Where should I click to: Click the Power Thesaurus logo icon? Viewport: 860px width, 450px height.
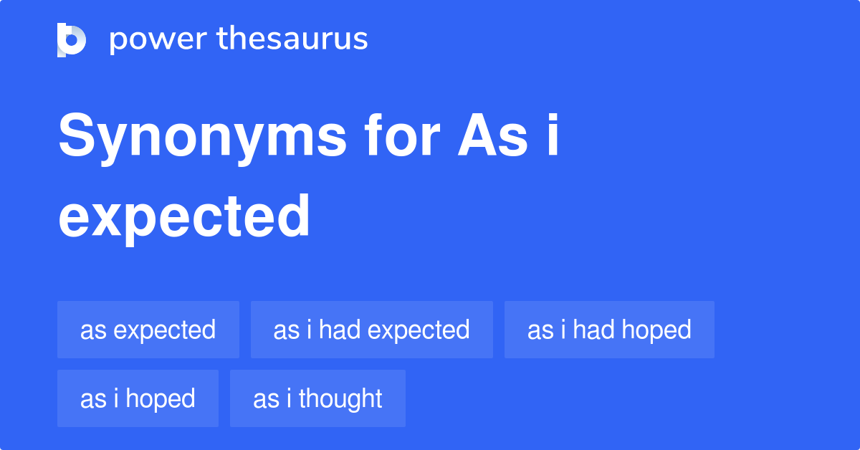point(72,39)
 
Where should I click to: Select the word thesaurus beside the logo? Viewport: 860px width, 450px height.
point(292,39)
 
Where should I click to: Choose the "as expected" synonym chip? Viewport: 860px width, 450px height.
point(148,330)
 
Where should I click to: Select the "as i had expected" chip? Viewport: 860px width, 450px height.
point(371,330)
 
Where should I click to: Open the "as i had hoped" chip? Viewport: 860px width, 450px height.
point(609,330)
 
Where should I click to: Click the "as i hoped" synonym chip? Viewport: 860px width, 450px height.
point(138,398)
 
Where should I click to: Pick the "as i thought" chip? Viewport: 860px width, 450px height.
point(317,398)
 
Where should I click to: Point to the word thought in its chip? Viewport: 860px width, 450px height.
point(340,398)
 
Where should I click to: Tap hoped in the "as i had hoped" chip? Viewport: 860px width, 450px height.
point(656,330)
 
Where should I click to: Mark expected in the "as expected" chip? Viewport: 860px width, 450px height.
point(164,330)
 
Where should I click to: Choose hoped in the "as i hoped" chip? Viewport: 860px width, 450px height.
point(160,398)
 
